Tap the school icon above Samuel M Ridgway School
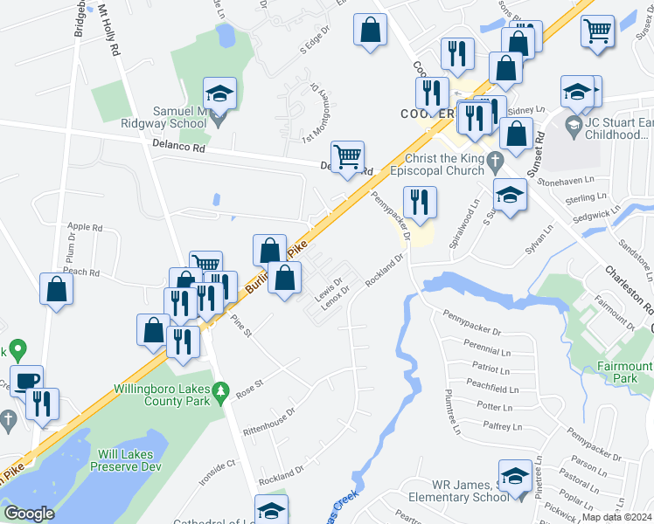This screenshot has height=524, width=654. pos(220,93)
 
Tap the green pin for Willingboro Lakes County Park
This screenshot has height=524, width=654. pos(222,389)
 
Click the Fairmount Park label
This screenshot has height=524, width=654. pos(625,373)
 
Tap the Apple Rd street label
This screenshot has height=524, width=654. pos(85,227)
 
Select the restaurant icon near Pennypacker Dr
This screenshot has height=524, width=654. pos(420,203)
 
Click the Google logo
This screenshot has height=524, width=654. pos(29,514)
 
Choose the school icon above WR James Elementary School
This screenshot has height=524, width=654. pos(515,476)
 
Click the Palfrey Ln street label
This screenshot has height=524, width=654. pos(503,427)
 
